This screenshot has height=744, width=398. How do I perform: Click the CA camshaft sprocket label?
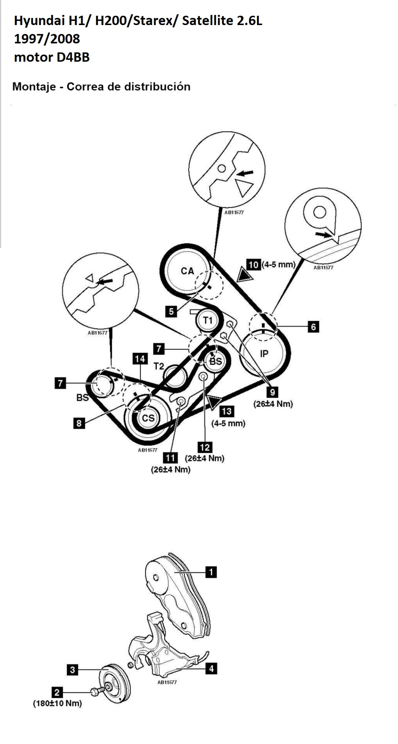coord(187,271)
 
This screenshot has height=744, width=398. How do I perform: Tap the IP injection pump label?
coord(264,354)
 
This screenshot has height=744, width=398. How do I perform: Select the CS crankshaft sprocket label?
coord(148,418)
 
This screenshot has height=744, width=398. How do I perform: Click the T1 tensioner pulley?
coord(207,320)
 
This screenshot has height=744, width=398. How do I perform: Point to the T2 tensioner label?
coord(159,366)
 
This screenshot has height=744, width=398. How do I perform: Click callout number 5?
coord(172,311)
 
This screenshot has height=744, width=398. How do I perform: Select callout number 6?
coord(314,327)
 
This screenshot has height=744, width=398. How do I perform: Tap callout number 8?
coord(79,423)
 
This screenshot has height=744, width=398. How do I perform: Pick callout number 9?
coord(272,392)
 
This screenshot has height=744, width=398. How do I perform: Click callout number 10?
coord(253,264)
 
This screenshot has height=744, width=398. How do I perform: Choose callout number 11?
coord(171,458)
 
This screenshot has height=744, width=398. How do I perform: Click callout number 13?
coord(227,411)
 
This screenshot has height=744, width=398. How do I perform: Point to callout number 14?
coord(140,359)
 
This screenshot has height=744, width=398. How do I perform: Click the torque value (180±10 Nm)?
coord(57,703)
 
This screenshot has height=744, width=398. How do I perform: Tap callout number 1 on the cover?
coord(211,572)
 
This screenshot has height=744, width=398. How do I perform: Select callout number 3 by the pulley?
coord(72,670)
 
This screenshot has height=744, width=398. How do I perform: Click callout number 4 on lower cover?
coord(212,668)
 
